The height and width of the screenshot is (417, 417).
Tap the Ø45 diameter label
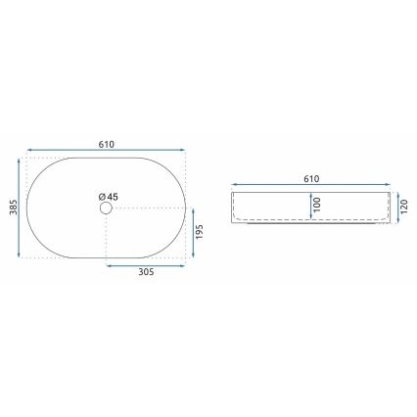click(109, 198)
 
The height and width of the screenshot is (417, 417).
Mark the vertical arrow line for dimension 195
click(192, 235)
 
